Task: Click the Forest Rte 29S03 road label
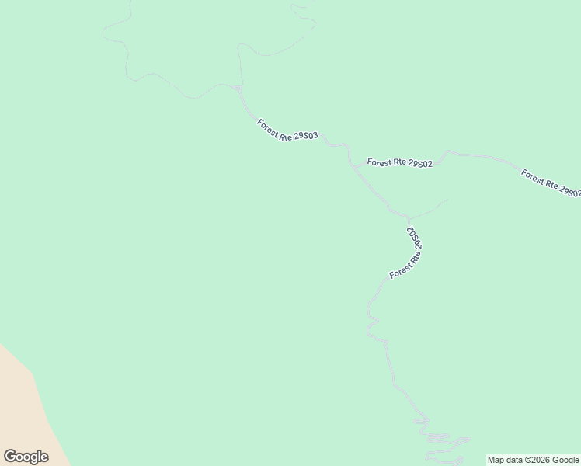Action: click(287, 129)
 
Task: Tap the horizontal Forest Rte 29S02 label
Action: click(399, 163)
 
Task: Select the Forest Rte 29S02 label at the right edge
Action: click(551, 183)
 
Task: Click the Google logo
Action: click(26, 456)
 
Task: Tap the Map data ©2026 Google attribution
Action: click(533, 460)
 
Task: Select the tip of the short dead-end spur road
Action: click(448, 200)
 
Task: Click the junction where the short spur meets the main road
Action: click(408, 217)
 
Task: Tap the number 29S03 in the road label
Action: click(304, 137)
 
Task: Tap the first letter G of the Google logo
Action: click(9, 456)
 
